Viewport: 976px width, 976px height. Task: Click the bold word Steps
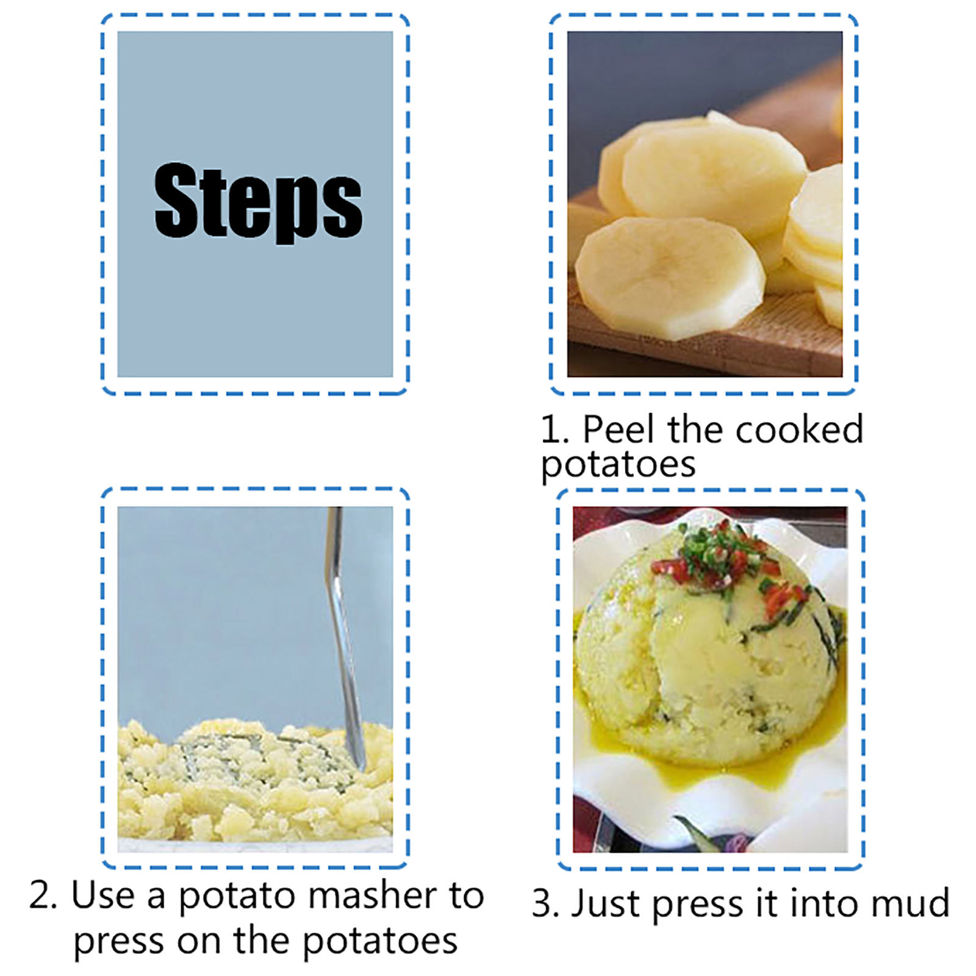click(x=258, y=202)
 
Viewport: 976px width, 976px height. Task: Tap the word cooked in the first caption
click(x=800, y=429)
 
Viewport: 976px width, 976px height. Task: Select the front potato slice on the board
click(x=670, y=278)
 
